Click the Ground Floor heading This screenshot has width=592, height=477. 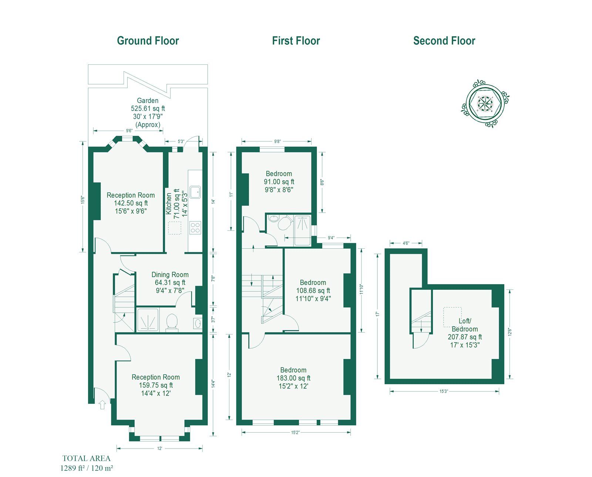[148, 41]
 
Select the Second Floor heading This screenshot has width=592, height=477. [444, 41]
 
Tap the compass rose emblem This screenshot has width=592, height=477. [485, 104]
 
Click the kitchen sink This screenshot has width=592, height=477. [195, 192]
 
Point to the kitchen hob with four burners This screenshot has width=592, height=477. [195, 228]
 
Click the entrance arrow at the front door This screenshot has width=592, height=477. [102, 404]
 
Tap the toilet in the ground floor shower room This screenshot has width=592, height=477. [172, 322]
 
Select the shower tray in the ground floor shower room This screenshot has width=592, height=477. [148, 320]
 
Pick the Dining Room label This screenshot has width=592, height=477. [170, 275]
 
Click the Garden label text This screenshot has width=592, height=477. [148, 100]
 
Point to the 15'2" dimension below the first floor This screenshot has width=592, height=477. [296, 433]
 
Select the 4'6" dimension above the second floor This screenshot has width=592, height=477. [406, 243]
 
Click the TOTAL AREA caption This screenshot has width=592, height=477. [86, 458]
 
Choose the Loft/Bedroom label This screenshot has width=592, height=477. [465, 325]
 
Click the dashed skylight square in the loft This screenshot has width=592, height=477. [452, 317]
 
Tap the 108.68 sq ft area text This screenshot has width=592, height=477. [313, 290]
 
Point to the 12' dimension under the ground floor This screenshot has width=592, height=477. [159, 449]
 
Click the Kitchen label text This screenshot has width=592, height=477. [169, 204]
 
